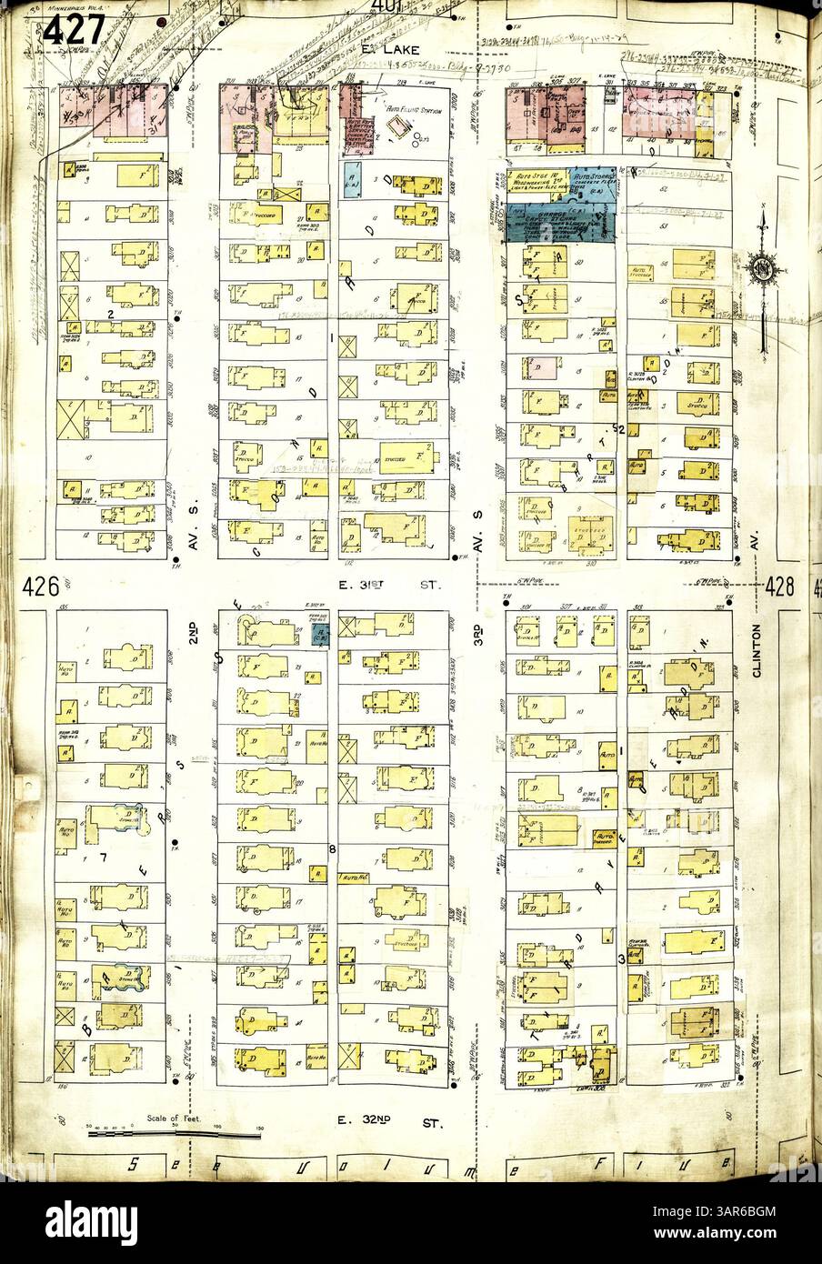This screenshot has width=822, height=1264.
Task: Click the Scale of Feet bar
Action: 173,1135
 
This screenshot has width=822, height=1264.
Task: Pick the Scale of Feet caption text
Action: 165,1119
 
